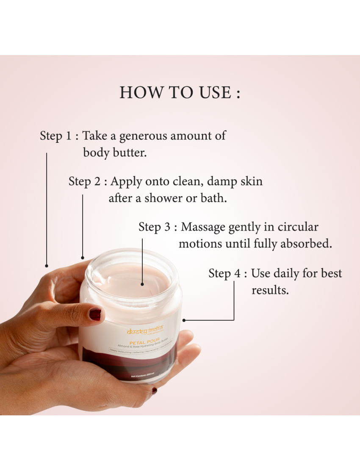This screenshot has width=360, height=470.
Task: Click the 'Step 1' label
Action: click(56, 136)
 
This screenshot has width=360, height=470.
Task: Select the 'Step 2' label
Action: click(85, 181)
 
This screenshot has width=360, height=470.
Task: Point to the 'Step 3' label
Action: click(155, 227)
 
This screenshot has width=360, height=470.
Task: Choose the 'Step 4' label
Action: click(225, 273)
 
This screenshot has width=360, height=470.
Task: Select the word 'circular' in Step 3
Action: click(298, 227)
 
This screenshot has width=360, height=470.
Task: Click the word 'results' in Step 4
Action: click(270, 290)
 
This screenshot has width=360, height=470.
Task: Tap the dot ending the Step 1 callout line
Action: click(47, 266)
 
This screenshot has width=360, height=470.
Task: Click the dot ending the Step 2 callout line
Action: click(83, 257)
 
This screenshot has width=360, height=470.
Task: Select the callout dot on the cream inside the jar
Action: click(142, 284)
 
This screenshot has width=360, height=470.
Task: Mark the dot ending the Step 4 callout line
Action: click(184, 320)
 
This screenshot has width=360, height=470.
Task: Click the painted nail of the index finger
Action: click(95, 314)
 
